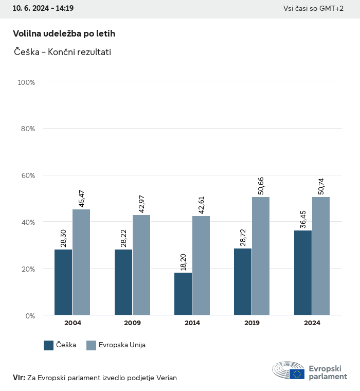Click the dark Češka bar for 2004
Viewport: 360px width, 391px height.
tap(63, 282)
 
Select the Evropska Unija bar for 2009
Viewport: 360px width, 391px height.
tap(141, 265)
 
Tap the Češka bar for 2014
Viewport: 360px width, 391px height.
tap(183, 294)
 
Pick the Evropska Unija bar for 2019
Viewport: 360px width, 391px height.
tap(261, 256)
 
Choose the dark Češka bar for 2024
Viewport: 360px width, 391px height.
tap(303, 273)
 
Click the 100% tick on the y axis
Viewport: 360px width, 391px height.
tap(26, 82)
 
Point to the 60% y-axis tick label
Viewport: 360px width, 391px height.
tap(28, 175)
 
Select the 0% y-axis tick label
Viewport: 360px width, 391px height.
tap(30, 315)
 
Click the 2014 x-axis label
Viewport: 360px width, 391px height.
tap(192, 323)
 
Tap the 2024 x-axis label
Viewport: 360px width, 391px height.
tap(312, 323)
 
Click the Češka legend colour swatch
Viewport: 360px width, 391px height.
tap(49, 345)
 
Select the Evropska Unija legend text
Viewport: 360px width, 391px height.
tap(123, 345)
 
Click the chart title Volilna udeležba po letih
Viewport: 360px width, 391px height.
tap(64, 33)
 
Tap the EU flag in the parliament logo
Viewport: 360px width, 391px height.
tap(297, 374)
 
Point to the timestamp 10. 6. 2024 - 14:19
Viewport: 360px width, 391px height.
tap(43, 8)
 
